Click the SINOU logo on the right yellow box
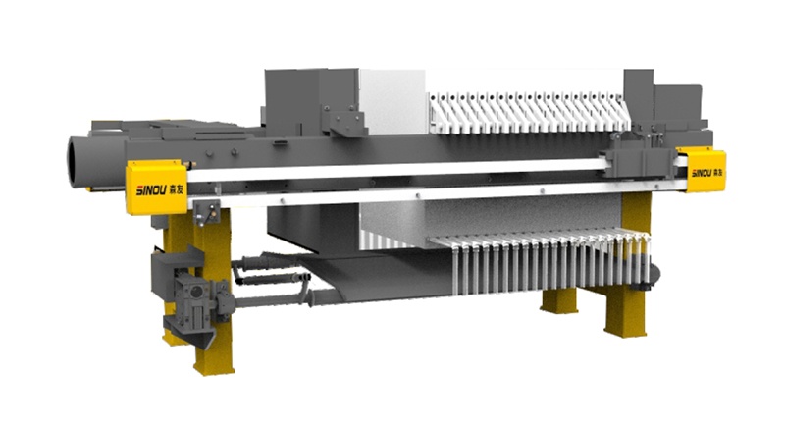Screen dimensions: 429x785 point(706,173)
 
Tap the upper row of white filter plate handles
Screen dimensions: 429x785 point(530,113)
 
